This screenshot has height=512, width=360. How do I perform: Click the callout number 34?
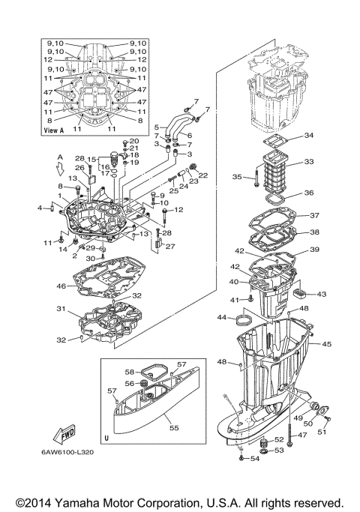309,136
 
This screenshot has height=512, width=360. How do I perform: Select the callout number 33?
309,161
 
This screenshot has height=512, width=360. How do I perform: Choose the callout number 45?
326,344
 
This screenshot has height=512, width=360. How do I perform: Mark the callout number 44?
222,318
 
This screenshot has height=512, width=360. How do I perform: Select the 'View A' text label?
54,130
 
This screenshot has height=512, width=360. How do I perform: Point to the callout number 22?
203,176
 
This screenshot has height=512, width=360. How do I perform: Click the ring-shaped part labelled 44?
244,322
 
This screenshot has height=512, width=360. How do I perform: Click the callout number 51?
324,431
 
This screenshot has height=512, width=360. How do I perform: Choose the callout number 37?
314,216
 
